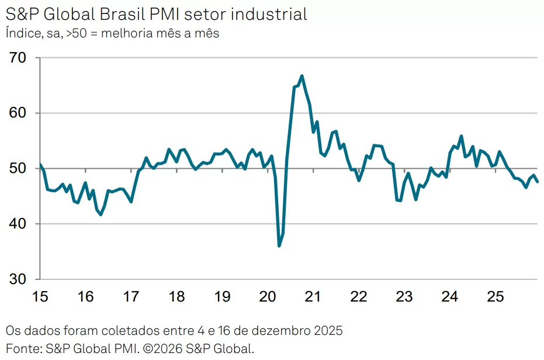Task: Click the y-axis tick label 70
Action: pos(19,58)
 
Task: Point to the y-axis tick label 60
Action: pos(19,113)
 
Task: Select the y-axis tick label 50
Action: pos(19,169)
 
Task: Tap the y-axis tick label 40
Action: pos(19,224)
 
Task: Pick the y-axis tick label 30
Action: pos(19,279)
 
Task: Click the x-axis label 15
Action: pos(40,297)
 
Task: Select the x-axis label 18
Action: pos(176,297)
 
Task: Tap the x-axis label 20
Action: pos(267,297)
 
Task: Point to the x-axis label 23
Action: pos(404,297)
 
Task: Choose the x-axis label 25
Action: pos(495,297)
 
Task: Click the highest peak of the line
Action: pos(302,75)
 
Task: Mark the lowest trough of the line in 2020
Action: pos(279,245)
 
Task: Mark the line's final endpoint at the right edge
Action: pos(538,181)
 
